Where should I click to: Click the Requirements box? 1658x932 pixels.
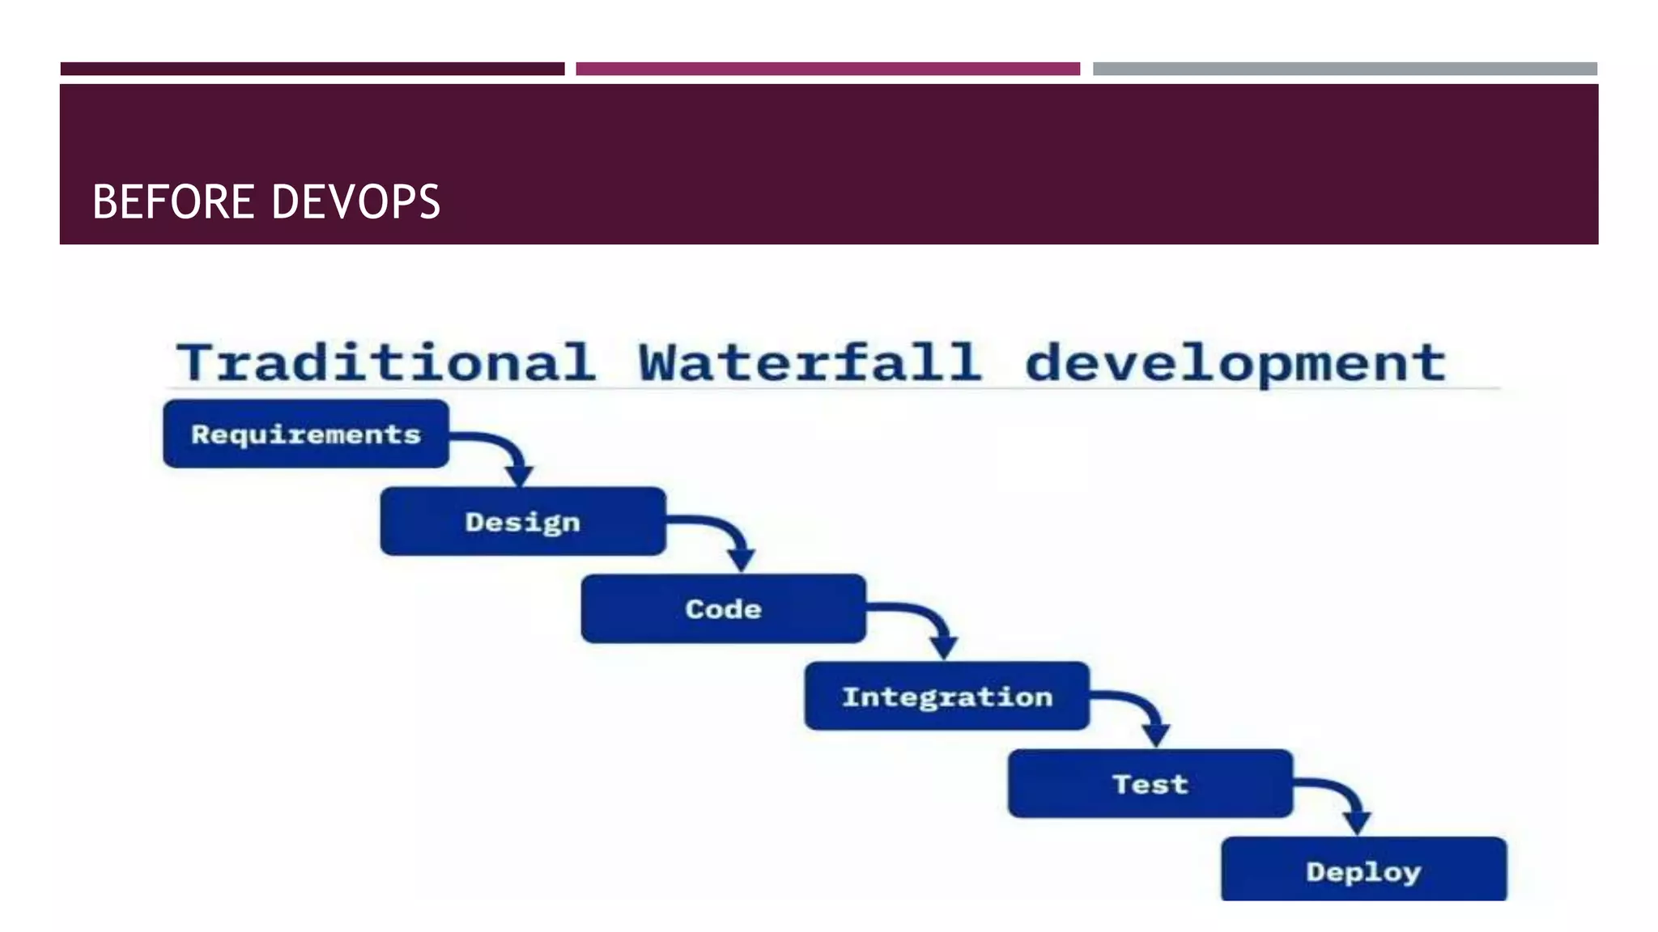tap(305, 434)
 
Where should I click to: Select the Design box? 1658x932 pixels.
tap(523, 522)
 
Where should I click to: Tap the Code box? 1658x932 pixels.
tap(723, 608)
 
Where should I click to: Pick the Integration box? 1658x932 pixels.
tap(946, 696)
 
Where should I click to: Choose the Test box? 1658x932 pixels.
tap(1150, 783)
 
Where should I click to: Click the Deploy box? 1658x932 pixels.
tap(1363, 870)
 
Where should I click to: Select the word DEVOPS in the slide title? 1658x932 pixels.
tap(356, 201)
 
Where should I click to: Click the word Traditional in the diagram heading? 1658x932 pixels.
tap(386, 362)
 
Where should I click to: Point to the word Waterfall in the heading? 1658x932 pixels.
tap(810, 362)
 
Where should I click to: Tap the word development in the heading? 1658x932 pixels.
tap(1235, 364)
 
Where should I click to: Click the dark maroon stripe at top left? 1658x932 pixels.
tap(312, 69)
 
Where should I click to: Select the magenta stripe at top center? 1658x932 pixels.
tap(827, 69)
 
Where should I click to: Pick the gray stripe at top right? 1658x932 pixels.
tap(1345, 69)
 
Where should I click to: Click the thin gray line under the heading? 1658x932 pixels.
tap(834, 389)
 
